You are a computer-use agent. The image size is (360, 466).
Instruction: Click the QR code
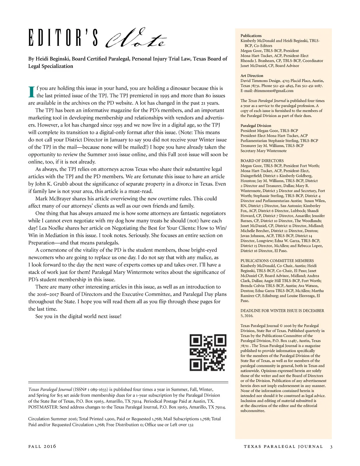point(208,353)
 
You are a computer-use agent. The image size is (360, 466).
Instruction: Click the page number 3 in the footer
point(331,447)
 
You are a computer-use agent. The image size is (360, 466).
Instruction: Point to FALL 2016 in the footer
point(42,447)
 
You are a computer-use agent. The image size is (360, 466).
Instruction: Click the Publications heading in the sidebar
point(251,36)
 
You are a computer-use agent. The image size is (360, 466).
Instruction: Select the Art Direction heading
point(252,76)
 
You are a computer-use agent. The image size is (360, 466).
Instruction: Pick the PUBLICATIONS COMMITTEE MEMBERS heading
point(277,261)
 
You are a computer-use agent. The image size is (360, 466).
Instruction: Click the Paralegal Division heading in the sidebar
point(256,126)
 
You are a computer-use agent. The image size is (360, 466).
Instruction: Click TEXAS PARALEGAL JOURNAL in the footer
point(283,447)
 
